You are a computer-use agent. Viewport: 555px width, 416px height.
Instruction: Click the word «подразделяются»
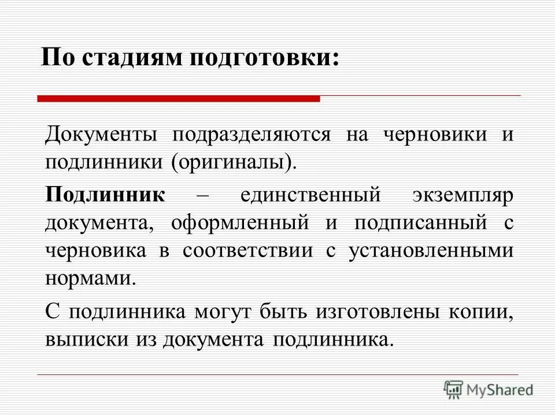click(251, 135)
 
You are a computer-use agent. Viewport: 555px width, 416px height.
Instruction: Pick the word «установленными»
click(431, 251)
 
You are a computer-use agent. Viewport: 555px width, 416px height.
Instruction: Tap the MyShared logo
click(488, 389)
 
